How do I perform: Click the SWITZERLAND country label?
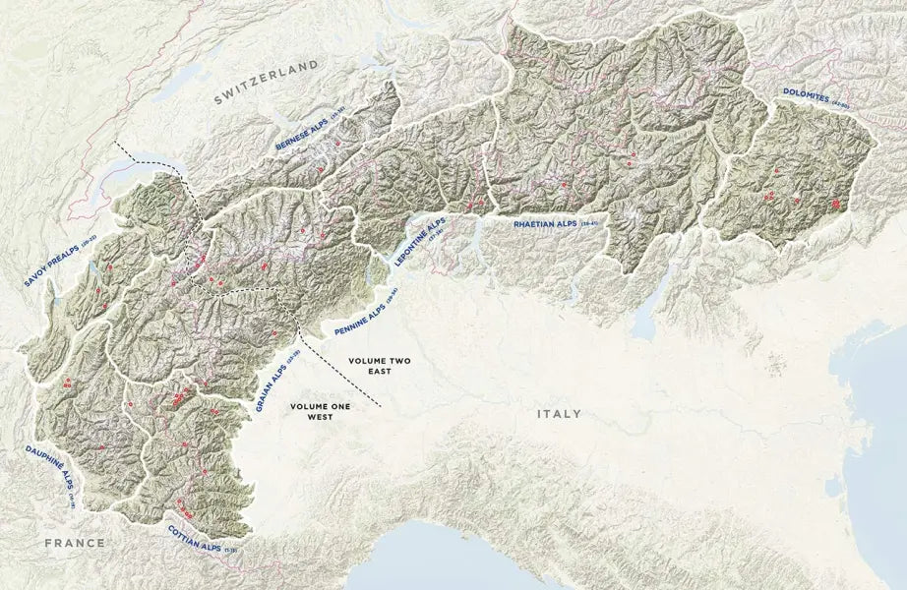(267, 80)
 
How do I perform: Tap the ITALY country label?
(558, 414)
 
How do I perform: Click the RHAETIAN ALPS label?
(545, 225)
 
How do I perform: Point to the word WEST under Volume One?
(318, 417)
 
